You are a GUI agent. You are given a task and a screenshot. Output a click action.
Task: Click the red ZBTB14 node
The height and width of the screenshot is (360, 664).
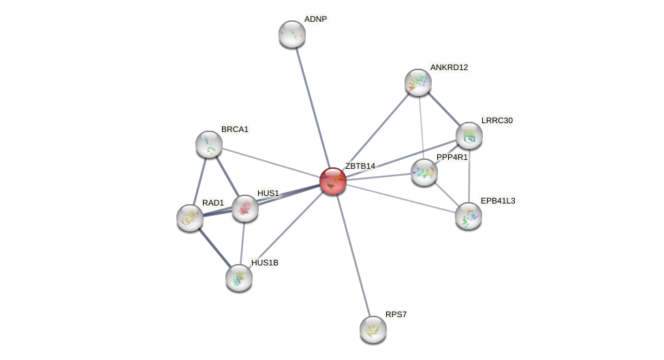pos(333,181)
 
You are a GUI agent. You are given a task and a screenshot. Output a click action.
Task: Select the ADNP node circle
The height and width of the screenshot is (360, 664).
pos(292,34)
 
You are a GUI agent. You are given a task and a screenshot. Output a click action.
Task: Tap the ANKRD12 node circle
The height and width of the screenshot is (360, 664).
pos(418,82)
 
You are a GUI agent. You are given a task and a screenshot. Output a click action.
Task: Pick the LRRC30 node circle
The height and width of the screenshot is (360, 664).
pos(469,135)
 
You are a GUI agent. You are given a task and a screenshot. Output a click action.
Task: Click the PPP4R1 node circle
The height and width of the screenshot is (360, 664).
pos(424,172)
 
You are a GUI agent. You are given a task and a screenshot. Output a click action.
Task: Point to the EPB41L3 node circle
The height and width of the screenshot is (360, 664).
pos(469,216)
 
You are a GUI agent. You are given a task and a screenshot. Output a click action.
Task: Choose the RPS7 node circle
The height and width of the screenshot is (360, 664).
pos(373,329)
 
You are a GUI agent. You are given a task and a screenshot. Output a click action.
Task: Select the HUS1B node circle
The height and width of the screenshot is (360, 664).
pos(239,278)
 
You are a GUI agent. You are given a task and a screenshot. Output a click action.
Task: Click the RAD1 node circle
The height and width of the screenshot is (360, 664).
pos(190,218)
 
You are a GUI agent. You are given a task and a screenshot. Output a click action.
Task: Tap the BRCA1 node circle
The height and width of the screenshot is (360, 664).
pos(209,144)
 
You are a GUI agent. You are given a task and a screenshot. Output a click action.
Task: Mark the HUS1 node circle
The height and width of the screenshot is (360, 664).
pos(245,208)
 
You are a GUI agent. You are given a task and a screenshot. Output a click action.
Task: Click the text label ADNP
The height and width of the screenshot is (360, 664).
pos(315,19)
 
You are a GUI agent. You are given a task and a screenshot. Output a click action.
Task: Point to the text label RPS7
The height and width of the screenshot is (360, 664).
pos(396,314)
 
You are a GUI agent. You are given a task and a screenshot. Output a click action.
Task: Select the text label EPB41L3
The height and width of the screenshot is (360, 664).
pos(498,201)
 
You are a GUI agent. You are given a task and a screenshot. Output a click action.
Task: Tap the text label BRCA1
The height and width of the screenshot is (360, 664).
pos(235,129)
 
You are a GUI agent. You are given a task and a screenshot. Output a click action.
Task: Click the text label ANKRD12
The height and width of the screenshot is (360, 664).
pos(449,67)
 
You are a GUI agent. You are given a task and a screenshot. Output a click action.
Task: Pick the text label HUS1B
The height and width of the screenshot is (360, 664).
pos(264,263)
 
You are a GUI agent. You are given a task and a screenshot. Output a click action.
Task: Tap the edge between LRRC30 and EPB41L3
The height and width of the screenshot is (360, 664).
pos(469,176)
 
